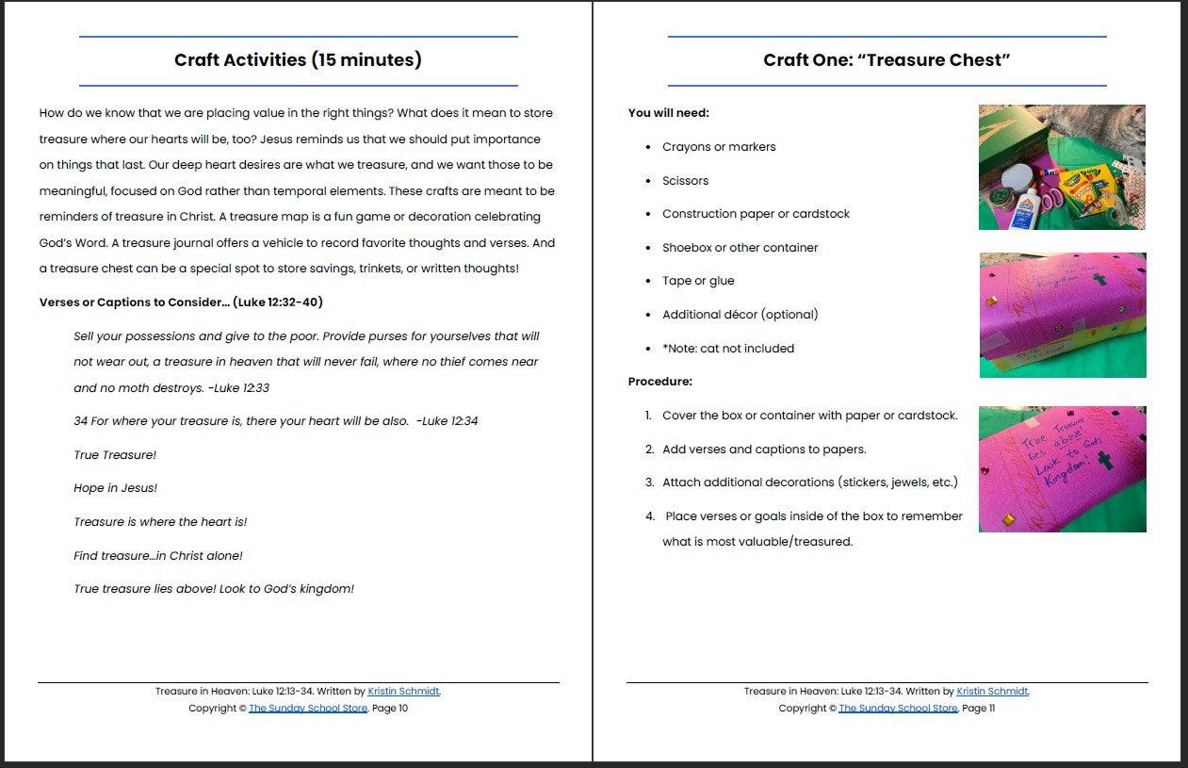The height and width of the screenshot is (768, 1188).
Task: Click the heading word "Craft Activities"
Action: point(241,60)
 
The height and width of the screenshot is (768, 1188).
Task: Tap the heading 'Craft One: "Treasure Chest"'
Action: point(887,60)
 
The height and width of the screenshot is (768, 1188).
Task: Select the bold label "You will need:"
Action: point(668,113)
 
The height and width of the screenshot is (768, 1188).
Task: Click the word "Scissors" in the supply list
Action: point(685,181)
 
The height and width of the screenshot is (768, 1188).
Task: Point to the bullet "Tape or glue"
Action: point(697,281)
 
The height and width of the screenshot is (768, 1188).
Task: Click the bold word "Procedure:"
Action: point(659,382)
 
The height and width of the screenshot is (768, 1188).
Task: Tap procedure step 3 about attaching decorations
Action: point(809,482)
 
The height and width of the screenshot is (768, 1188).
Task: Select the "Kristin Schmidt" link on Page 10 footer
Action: point(403,692)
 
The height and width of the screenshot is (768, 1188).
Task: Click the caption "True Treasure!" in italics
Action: point(115,455)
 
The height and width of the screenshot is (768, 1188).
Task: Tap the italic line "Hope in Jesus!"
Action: point(115,488)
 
